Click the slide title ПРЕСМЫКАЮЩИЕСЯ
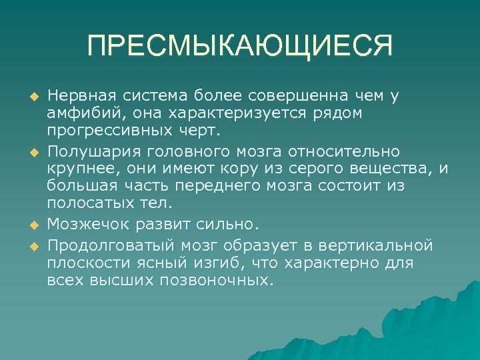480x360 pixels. (x=240, y=47)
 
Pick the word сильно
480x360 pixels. (x=230, y=223)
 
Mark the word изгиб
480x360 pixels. (x=219, y=263)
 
